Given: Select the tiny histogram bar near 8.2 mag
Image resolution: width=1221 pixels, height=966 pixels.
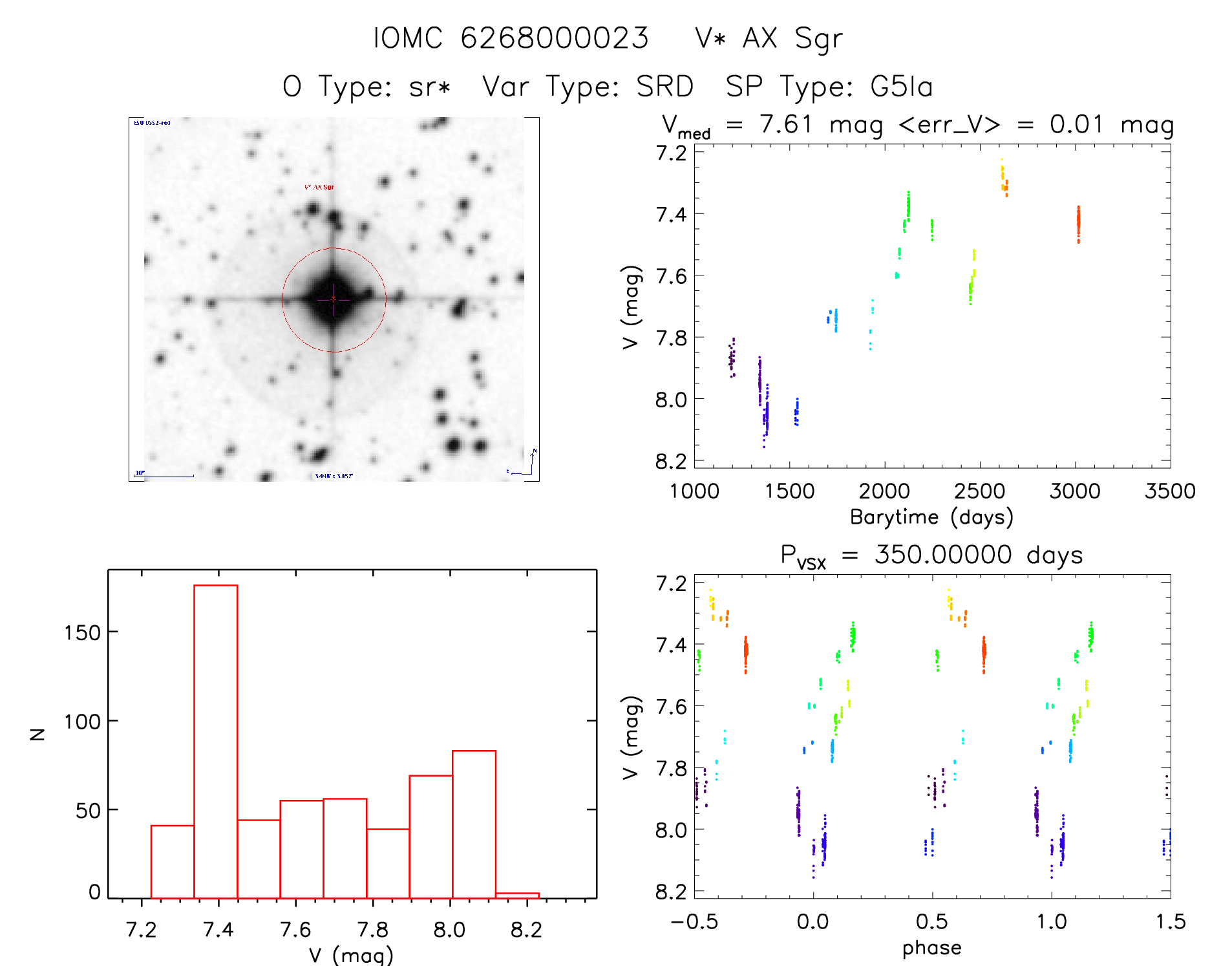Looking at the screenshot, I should (517, 895).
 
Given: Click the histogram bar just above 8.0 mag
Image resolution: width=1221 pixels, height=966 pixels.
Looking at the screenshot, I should (474, 824).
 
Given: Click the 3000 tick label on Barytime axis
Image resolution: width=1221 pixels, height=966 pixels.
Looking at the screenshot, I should (1074, 491).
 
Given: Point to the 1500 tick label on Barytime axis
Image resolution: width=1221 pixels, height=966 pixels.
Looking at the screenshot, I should (789, 491).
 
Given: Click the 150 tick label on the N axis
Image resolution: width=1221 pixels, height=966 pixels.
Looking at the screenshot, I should (82, 632).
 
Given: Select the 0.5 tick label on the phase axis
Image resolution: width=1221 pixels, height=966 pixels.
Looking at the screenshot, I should (931, 921).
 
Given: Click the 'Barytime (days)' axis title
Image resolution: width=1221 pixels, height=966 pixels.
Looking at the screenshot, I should (931, 517).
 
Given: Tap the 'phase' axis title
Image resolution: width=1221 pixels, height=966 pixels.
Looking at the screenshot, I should (931, 948).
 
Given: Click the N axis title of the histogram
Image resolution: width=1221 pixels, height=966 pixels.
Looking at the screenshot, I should (38, 733).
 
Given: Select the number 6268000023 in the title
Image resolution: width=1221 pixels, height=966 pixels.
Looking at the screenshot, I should (555, 38).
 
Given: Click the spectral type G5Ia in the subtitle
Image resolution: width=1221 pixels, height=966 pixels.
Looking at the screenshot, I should (902, 87).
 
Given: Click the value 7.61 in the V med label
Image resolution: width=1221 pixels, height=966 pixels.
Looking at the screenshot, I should (786, 124).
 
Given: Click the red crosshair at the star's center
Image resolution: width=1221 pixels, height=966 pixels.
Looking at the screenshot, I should (334, 299).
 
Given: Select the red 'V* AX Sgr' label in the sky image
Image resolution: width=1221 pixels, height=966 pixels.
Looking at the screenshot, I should (319, 187).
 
